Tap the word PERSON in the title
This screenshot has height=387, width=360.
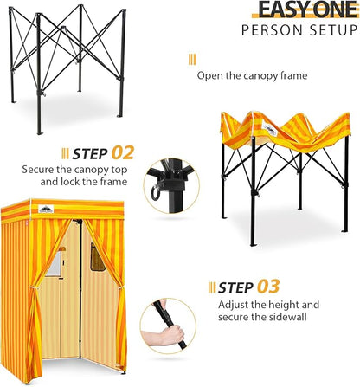tap(273, 30)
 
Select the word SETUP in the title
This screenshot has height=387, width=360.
tap(333, 30)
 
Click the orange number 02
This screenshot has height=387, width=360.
tap(123, 153)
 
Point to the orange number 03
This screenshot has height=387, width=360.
tap(268, 287)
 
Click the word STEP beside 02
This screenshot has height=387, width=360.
tap(90, 154)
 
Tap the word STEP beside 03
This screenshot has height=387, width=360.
tap(235, 287)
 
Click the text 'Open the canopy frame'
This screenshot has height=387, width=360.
tap(252, 76)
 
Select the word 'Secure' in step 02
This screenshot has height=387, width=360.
tap(38, 169)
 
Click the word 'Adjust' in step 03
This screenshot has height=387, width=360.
tap(234, 305)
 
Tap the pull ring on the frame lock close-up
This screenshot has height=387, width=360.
tap(156, 193)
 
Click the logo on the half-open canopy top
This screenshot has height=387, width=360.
tap(271, 131)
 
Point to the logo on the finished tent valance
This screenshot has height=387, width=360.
tap(46, 209)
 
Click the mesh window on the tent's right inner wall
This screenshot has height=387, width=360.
tap(97, 257)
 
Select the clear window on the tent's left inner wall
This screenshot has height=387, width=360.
tap(55, 262)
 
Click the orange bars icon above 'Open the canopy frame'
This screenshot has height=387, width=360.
tap(192, 60)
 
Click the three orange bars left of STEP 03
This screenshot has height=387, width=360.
tap(212, 287)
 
